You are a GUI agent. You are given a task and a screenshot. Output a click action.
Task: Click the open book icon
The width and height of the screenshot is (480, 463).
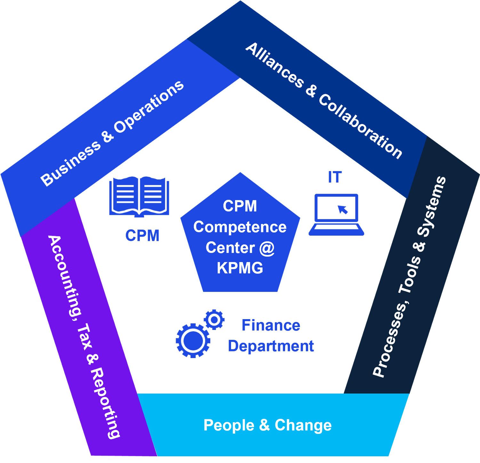tap(139, 196)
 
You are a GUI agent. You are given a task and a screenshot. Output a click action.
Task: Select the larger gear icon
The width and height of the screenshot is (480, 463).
tap(193, 341)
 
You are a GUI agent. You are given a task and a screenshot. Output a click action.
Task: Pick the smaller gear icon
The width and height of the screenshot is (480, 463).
tap(214, 319)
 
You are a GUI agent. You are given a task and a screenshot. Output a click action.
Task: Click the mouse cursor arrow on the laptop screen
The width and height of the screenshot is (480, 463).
tap(343, 209)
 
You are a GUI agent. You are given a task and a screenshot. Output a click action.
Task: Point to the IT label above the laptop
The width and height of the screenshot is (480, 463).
tap(335, 177)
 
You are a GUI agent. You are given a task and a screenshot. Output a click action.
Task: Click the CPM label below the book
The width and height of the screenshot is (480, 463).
tap(142, 236)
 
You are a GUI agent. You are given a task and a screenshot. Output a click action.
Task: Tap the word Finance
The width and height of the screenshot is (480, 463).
tap(271, 326)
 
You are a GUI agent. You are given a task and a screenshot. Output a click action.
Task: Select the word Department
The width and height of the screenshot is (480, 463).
tap(271, 346)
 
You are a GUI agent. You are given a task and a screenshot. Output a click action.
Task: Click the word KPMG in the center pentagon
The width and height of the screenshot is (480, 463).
tap(240, 268)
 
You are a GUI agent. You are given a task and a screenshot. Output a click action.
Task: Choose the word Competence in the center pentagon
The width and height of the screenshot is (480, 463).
tap(240, 227)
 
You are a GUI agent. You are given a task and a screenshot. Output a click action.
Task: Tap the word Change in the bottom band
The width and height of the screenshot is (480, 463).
tap(303, 425)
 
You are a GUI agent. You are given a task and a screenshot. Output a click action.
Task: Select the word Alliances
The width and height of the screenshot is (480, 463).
tap(274, 66)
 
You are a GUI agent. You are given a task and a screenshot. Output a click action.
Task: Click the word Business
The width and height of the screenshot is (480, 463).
tap(71, 163)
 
